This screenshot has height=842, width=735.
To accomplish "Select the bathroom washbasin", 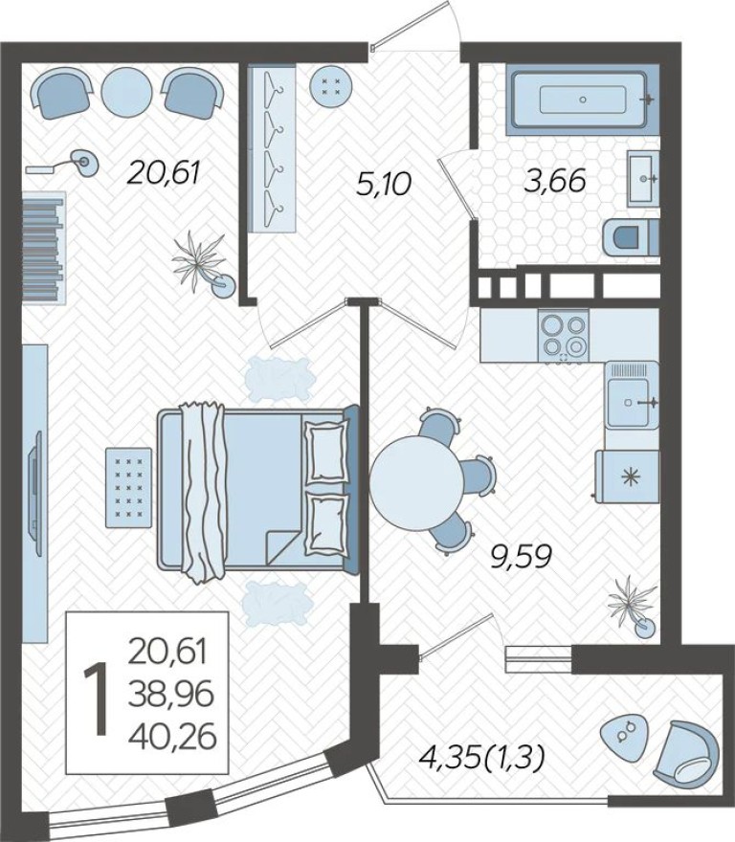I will (642, 178).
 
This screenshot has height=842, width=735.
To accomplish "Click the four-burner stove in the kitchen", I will (562, 336).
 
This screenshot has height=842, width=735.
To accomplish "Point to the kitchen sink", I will (632, 403).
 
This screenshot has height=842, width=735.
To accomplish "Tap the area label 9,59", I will (521, 557).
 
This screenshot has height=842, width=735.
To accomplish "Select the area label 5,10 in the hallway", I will (382, 183).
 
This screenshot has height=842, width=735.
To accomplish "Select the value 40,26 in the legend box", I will (172, 735).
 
